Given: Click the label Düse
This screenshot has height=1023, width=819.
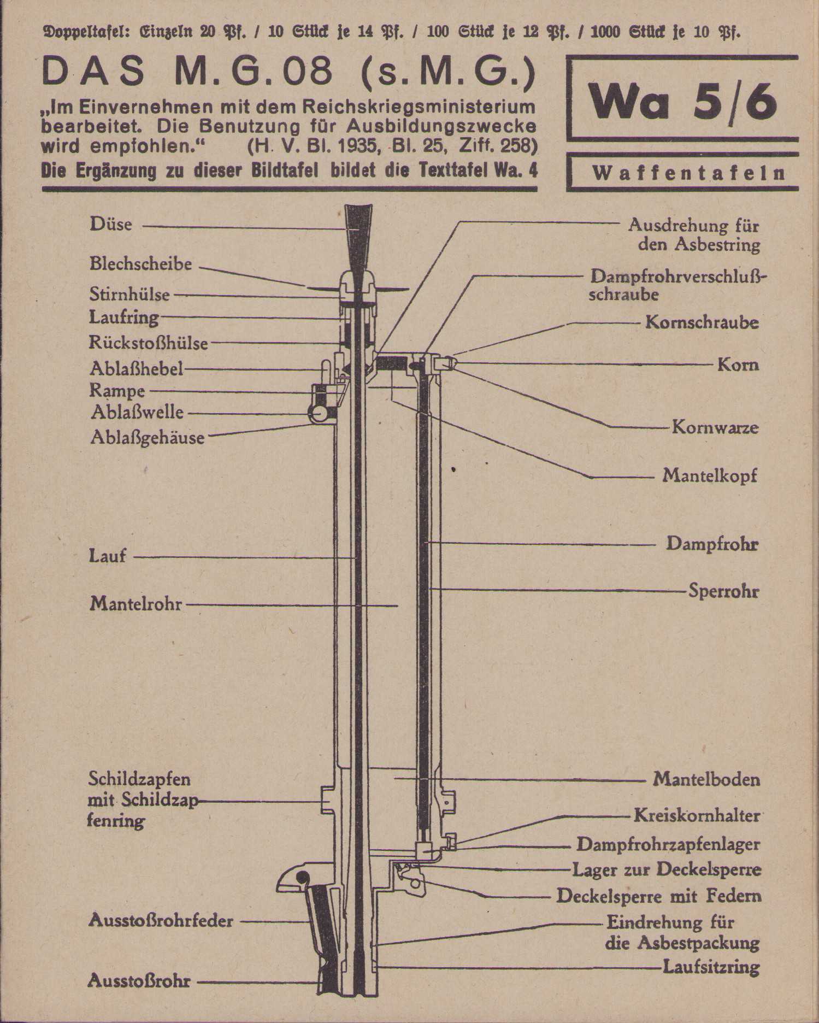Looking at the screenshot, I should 111,225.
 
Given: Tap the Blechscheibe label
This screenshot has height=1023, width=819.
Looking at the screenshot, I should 141,264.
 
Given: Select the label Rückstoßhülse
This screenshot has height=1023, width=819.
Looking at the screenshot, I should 149,343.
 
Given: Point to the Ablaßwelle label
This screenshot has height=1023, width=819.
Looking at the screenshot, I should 137,413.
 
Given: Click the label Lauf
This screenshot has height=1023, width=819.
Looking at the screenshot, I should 108,556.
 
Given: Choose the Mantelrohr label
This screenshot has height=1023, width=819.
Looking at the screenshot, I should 136,604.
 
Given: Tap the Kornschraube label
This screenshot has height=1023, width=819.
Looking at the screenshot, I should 702,322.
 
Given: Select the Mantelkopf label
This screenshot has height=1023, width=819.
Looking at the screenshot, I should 710,475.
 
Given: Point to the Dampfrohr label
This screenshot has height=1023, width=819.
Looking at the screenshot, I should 712,544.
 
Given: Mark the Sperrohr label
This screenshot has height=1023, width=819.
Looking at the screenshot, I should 723,591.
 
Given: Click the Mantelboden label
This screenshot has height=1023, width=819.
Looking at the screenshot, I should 706,779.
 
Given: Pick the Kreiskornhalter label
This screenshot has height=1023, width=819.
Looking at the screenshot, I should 697,816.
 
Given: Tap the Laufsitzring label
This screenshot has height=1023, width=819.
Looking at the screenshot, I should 711,967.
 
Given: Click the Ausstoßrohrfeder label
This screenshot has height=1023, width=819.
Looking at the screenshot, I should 161,921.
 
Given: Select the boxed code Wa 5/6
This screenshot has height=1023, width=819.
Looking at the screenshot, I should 682,102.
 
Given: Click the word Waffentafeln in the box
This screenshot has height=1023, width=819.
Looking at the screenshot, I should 688,174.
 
